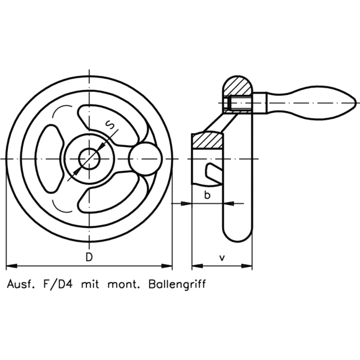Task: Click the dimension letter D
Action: click(89, 257)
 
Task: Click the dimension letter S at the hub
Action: click(110, 125)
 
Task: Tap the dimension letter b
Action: click(207, 195)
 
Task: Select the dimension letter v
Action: click(222, 258)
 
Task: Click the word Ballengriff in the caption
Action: click(177, 284)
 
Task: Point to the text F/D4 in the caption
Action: click(58, 284)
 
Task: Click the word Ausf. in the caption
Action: click(21, 284)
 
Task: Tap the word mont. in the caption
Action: click(124, 284)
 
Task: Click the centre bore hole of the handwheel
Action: click(89, 158)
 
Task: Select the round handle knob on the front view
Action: click(145, 159)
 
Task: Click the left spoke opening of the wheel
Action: click(49, 158)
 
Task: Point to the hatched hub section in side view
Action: click(208, 140)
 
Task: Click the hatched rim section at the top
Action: click(238, 85)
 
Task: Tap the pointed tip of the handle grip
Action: click(356, 103)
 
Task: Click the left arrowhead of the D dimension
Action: click(11, 266)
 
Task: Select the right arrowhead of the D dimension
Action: click(167, 266)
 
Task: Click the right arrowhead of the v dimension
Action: click(247, 266)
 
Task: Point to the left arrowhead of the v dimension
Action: click(197, 266)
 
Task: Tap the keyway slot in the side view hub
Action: click(214, 171)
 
